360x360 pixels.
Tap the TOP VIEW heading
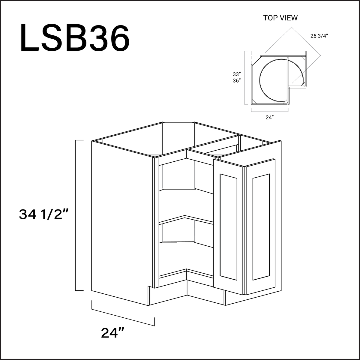(x=280, y=18)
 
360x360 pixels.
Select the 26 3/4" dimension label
(x=319, y=36)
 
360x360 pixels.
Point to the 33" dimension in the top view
(x=237, y=74)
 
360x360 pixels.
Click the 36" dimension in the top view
(x=237, y=80)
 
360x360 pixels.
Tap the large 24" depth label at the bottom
(x=113, y=333)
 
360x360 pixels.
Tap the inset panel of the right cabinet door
(x=261, y=227)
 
